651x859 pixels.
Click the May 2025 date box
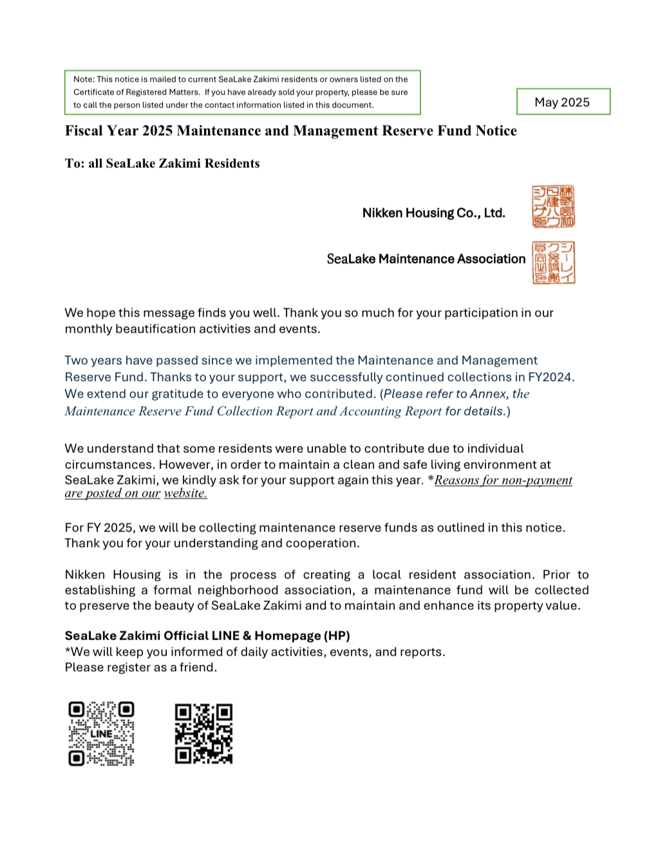point(562,102)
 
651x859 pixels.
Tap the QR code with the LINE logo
point(101,734)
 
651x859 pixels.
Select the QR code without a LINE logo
point(203,734)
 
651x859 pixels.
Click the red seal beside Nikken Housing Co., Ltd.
point(553,207)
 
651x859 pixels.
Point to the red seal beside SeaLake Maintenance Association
point(553,263)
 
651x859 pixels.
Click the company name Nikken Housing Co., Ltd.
point(433,213)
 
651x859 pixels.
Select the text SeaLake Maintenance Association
point(426,259)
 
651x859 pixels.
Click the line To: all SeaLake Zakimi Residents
point(162,163)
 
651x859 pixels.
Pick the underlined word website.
point(185,494)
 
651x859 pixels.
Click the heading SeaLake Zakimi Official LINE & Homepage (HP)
point(207,636)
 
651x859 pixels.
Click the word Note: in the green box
point(84,79)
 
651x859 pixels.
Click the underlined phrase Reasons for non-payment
point(503,480)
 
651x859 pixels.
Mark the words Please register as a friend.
point(141,667)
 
